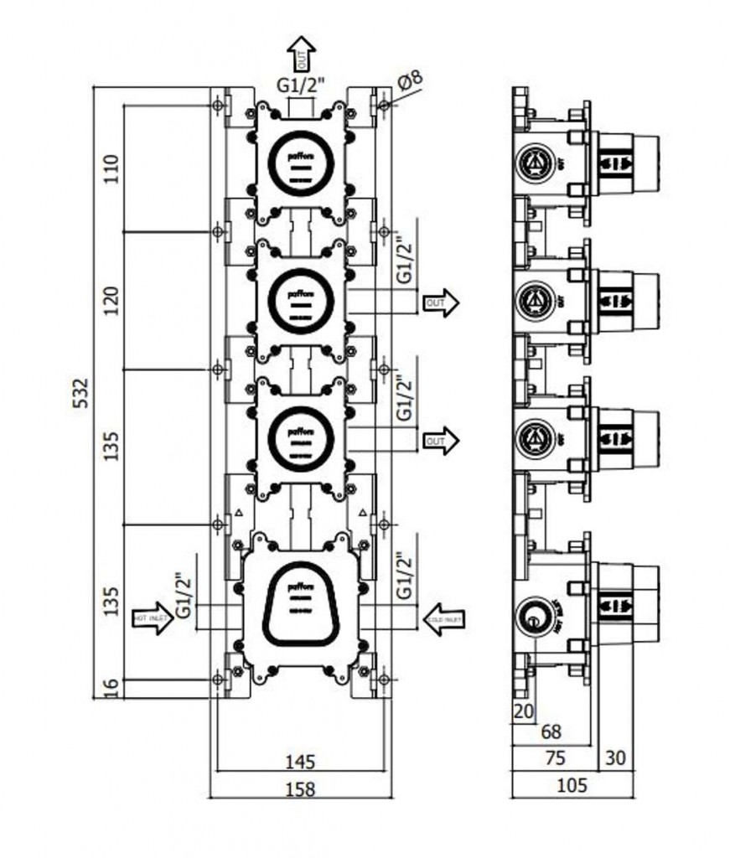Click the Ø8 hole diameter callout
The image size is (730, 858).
411,82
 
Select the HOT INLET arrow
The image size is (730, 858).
153,618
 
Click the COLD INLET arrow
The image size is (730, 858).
445,618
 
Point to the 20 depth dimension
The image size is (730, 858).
523,711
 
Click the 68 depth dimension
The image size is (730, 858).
551,731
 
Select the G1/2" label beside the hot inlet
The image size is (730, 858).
181,596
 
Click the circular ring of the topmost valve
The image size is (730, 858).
301,163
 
